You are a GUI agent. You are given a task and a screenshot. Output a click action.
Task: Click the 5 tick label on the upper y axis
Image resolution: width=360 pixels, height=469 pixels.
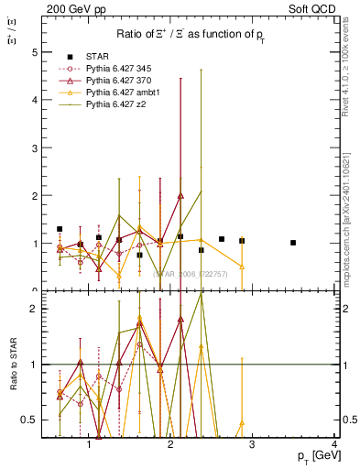pyautogui.click(x=34, y=52)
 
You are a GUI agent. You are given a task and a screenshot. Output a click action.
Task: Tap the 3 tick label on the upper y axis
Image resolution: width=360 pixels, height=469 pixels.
pyautogui.click(x=34, y=147)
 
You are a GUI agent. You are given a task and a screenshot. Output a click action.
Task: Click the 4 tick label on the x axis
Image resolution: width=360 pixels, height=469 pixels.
pyautogui.click(x=334, y=444)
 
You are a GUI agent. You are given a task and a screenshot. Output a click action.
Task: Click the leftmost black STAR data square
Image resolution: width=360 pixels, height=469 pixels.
pyautogui.click(x=60, y=229)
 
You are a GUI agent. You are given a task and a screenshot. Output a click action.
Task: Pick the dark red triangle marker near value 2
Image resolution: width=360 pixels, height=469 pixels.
pyautogui.click(x=180, y=195)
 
